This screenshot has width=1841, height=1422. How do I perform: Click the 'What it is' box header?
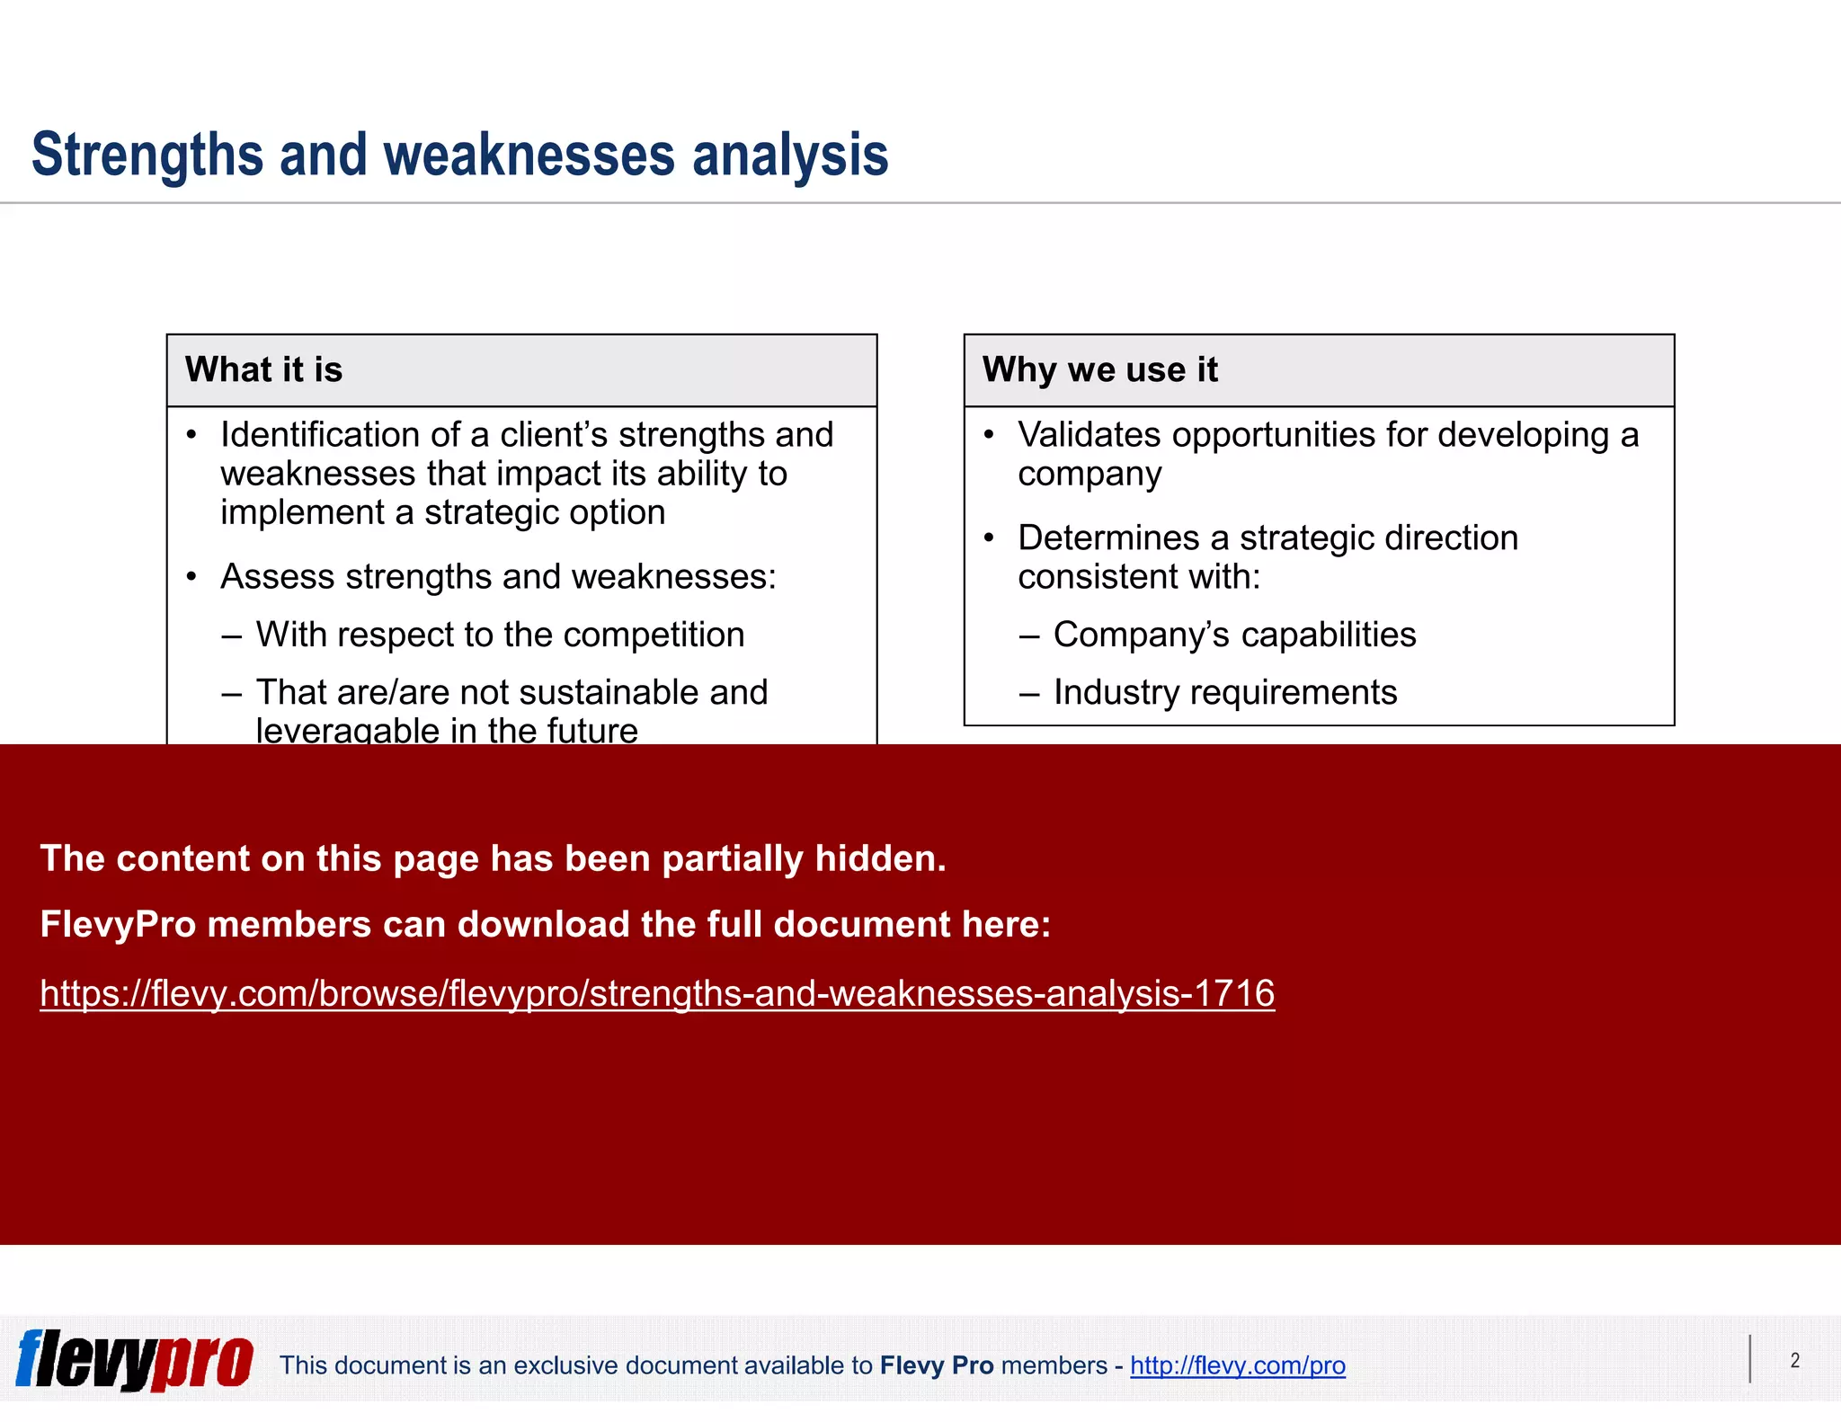(263, 369)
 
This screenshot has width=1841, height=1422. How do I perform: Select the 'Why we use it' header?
(1099, 369)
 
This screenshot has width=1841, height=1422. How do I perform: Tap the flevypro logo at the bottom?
(135, 1360)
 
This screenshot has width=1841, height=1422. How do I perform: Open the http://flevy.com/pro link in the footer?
(1237, 1365)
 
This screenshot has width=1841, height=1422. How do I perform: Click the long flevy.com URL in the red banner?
(657, 993)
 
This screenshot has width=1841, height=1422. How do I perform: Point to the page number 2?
(1794, 1360)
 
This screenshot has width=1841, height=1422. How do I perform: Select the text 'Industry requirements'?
(1224, 692)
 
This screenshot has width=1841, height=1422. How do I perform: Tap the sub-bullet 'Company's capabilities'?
(1234, 635)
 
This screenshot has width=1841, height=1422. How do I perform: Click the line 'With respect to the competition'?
(500, 635)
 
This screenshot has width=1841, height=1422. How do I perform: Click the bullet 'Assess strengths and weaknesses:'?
(498, 577)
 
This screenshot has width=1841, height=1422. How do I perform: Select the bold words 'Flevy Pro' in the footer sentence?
(936, 1365)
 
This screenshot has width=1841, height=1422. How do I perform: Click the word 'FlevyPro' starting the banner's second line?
(118, 925)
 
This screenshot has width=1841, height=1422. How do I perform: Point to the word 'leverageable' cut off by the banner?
(347, 732)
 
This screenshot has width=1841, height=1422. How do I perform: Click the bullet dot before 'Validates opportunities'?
(989, 435)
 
